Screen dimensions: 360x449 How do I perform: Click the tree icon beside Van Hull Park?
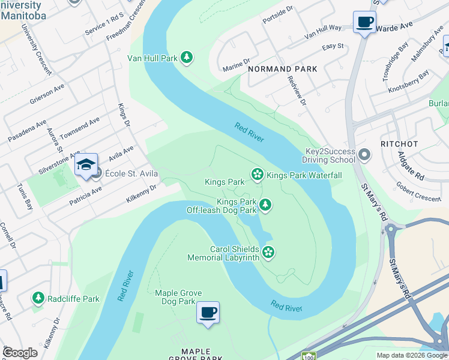(x=187, y=58)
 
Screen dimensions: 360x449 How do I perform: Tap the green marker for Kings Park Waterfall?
(x=258, y=175)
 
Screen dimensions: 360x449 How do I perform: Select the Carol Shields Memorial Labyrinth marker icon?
(x=268, y=253)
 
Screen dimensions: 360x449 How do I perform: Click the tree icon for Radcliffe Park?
(x=38, y=298)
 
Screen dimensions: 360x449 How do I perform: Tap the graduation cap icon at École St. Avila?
(x=86, y=164)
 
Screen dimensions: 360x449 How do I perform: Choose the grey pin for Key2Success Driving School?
(x=364, y=156)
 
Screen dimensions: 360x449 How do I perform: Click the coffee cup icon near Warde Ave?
(x=364, y=22)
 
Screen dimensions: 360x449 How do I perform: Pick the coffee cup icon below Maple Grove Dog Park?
(x=208, y=312)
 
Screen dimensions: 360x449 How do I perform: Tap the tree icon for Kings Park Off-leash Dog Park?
(x=265, y=206)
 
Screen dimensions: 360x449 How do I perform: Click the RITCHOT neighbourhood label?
(x=399, y=144)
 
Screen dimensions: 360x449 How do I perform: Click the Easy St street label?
(x=333, y=46)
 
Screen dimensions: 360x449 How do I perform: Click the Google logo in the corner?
(x=20, y=353)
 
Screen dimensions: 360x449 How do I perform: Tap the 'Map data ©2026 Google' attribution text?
(x=412, y=355)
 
